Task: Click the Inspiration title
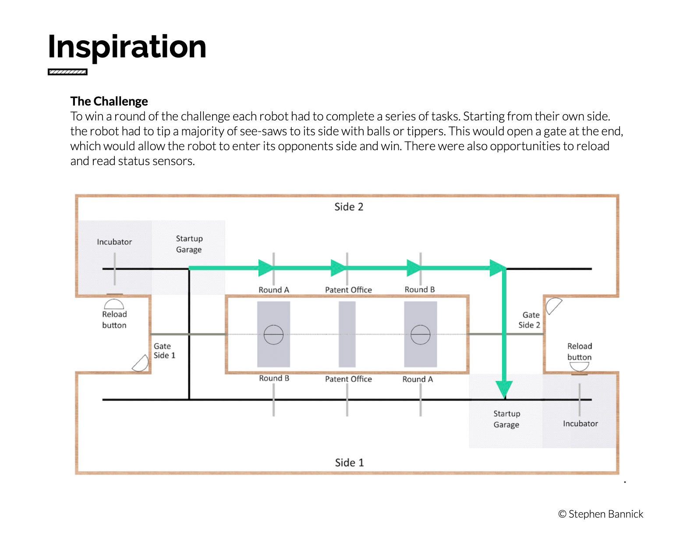pos(127,47)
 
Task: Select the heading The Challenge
pos(109,101)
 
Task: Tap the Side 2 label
pos(348,207)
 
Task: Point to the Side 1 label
pos(349,462)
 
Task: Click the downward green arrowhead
pos(504,389)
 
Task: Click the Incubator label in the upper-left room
pos(114,242)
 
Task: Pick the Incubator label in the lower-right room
pos(580,423)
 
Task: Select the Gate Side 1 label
pos(164,351)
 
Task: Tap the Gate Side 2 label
pos(529,320)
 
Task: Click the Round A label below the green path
pos(274,290)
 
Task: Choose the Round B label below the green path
pos(419,289)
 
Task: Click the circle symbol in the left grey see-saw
pos(273,335)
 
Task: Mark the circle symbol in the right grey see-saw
pos(420,335)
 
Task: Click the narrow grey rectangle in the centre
pos(347,334)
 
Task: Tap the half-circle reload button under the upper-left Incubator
pos(114,303)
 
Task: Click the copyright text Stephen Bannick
pos(600,514)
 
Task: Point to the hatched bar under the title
pos(67,72)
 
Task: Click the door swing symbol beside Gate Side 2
pos(553,306)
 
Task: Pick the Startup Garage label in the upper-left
pos(189,244)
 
